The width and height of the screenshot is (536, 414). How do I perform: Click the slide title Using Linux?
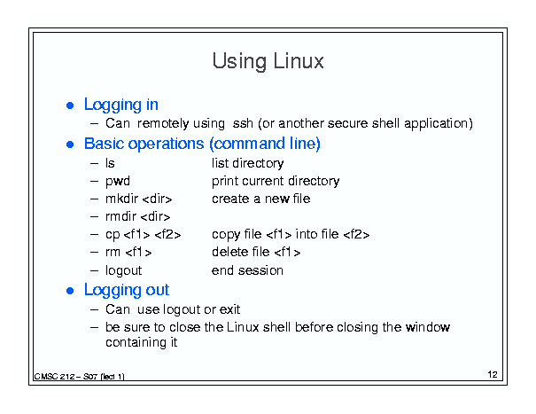pos(268,61)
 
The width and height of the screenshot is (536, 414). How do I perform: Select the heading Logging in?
pos(121,105)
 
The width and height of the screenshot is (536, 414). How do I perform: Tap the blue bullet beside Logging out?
pos(70,291)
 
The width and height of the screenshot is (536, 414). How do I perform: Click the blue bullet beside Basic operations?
pos(70,145)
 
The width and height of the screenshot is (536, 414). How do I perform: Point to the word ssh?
pos(243,123)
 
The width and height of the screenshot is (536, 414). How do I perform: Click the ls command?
pos(110,163)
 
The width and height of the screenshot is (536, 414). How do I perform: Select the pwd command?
pos(118,182)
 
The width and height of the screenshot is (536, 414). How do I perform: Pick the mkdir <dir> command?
pos(139,199)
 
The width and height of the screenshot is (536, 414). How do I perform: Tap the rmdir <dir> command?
pos(138,216)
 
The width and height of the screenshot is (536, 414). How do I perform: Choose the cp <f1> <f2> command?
pos(144,234)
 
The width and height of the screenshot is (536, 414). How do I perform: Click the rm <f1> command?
pos(128,252)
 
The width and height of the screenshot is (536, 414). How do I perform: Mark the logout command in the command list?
pos(124,270)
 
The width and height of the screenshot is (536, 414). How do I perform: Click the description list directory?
pos(248,163)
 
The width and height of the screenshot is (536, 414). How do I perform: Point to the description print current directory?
pos(276,182)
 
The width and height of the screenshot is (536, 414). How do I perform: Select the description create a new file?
pos(261,199)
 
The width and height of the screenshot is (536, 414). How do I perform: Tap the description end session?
pos(247,270)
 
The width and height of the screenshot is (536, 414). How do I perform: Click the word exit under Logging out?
pos(229,309)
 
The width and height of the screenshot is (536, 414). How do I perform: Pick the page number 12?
pos(493,375)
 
